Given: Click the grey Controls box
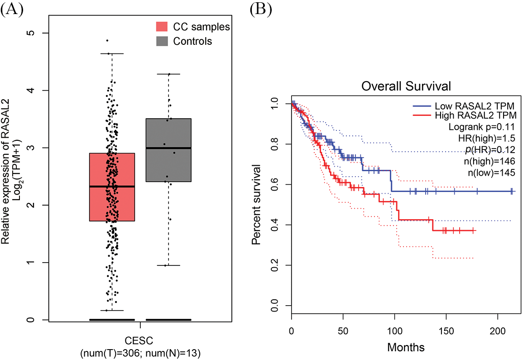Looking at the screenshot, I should coord(168,158).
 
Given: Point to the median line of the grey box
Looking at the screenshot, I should coord(168,148).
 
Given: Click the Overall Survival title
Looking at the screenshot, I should coord(401,86).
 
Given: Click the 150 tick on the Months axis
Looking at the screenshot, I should coord(446,327).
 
